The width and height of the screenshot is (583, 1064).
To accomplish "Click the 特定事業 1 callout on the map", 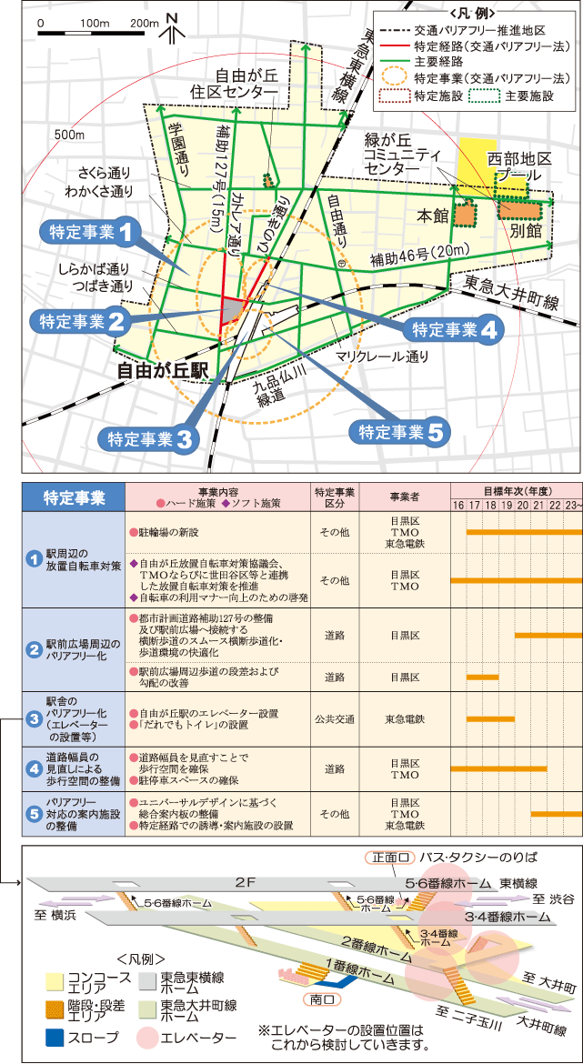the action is (x=90, y=231).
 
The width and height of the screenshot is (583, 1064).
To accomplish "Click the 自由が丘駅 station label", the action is (x=164, y=370).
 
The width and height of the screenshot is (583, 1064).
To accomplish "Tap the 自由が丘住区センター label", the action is (x=246, y=85).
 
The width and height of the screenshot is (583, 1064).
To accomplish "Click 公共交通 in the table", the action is (x=334, y=718).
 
